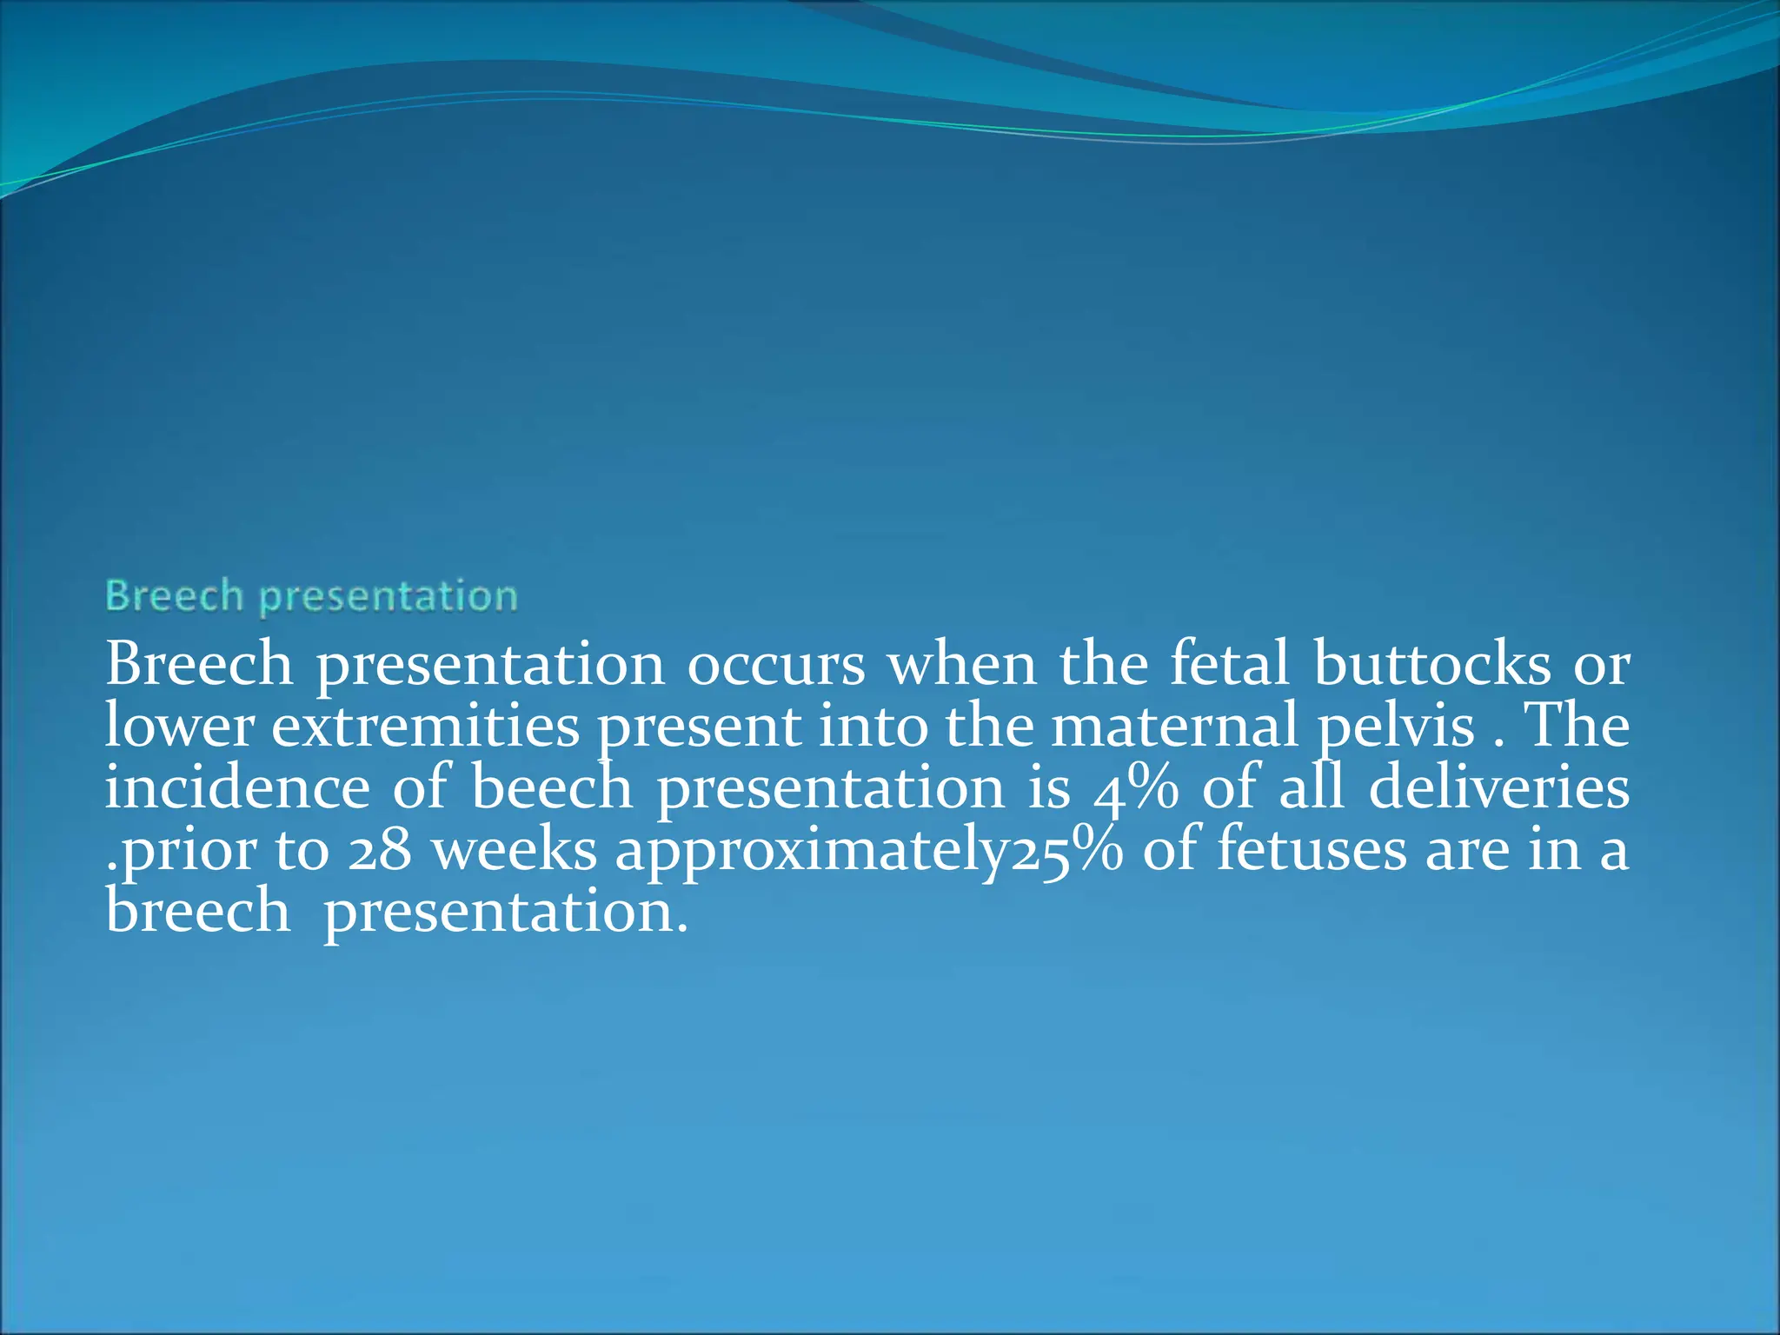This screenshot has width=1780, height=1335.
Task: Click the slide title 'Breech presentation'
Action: tap(311, 597)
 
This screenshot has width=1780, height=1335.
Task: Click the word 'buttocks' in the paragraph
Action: tap(1431, 665)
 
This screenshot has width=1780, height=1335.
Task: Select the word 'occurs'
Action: tap(775, 667)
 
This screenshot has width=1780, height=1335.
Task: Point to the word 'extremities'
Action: tap(425, 727)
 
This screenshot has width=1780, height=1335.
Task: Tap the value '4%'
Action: tap(1135, 789)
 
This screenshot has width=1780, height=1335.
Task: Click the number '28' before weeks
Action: tap(379, 850)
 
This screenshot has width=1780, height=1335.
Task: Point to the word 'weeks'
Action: tap(515, 850)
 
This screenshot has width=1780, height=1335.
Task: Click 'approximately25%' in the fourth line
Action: tap(868, 852)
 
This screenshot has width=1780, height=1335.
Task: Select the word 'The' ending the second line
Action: tap(1577, 727)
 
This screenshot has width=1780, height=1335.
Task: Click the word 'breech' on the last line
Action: tap(197, 912)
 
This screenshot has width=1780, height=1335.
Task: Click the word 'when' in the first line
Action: tap(961, 665)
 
